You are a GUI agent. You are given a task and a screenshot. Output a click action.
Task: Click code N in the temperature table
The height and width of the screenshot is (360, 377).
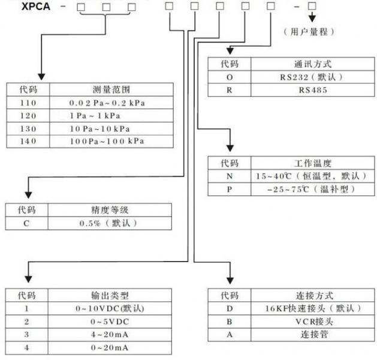click(x=229, y=176)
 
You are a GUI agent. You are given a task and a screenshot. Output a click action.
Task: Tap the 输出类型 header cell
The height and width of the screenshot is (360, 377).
click(x=108, y=295)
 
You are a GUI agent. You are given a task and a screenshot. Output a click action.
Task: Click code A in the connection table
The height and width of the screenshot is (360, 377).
click(x=229, y=334)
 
